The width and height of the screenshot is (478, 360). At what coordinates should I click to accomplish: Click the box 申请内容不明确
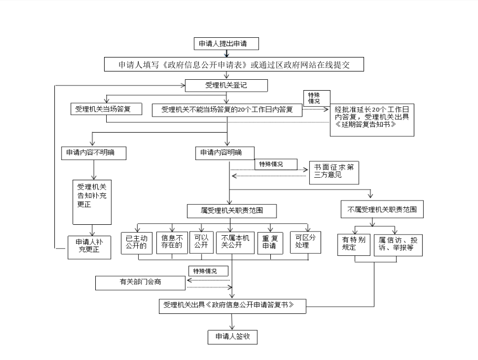click(93, 153)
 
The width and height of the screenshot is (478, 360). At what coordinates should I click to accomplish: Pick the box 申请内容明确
click(224, 153)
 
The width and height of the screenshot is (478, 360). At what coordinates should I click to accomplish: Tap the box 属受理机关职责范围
click(231, 211)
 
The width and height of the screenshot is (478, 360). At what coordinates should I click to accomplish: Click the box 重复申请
click(269, 242)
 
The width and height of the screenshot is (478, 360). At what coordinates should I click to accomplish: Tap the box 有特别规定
click(354, 242)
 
